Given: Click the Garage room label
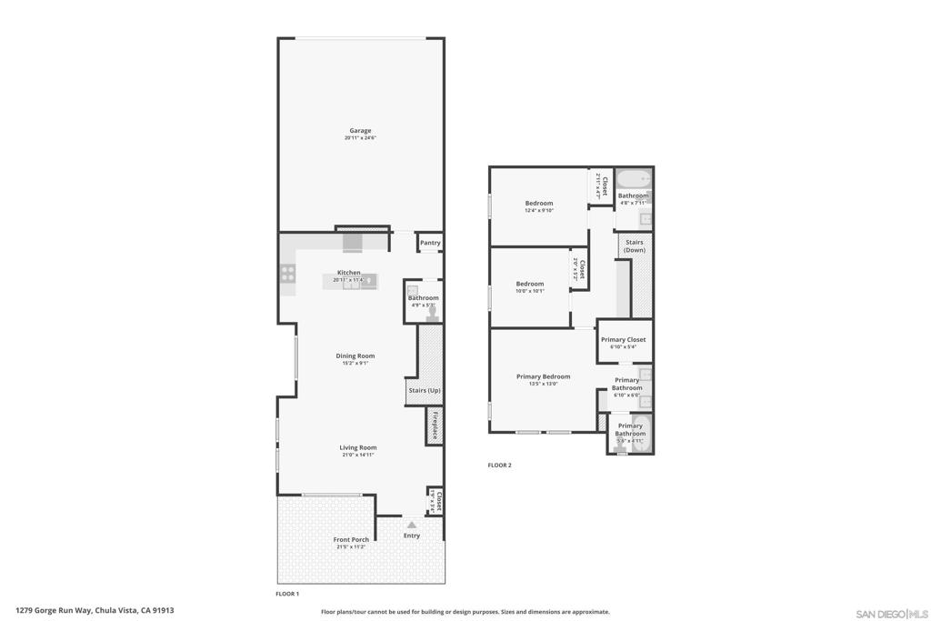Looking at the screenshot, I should pos(360,131).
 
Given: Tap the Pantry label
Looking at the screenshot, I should pos(430,243).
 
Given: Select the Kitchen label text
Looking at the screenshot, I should pos(349,273).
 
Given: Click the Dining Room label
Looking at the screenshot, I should pos(355,356).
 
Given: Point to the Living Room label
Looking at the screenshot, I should pos(358,447).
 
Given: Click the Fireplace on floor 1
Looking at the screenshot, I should pos(435,426).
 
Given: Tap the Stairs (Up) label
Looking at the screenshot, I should pos(424,391).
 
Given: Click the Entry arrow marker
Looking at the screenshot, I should pos(412,525).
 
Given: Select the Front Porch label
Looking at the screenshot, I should pos(351,540).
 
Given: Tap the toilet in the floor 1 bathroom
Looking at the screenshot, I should pos(433,312).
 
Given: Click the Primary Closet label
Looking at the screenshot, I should pos(624,340).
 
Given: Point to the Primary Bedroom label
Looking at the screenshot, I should pos(543,376).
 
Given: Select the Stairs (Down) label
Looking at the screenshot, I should pos(635,245).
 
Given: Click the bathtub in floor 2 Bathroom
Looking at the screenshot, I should pos(633,178).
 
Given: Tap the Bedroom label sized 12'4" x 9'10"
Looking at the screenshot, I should pos(539,204).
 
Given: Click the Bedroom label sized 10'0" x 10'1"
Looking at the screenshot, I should pos(530,284).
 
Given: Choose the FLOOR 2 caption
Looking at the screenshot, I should pos(499,466).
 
